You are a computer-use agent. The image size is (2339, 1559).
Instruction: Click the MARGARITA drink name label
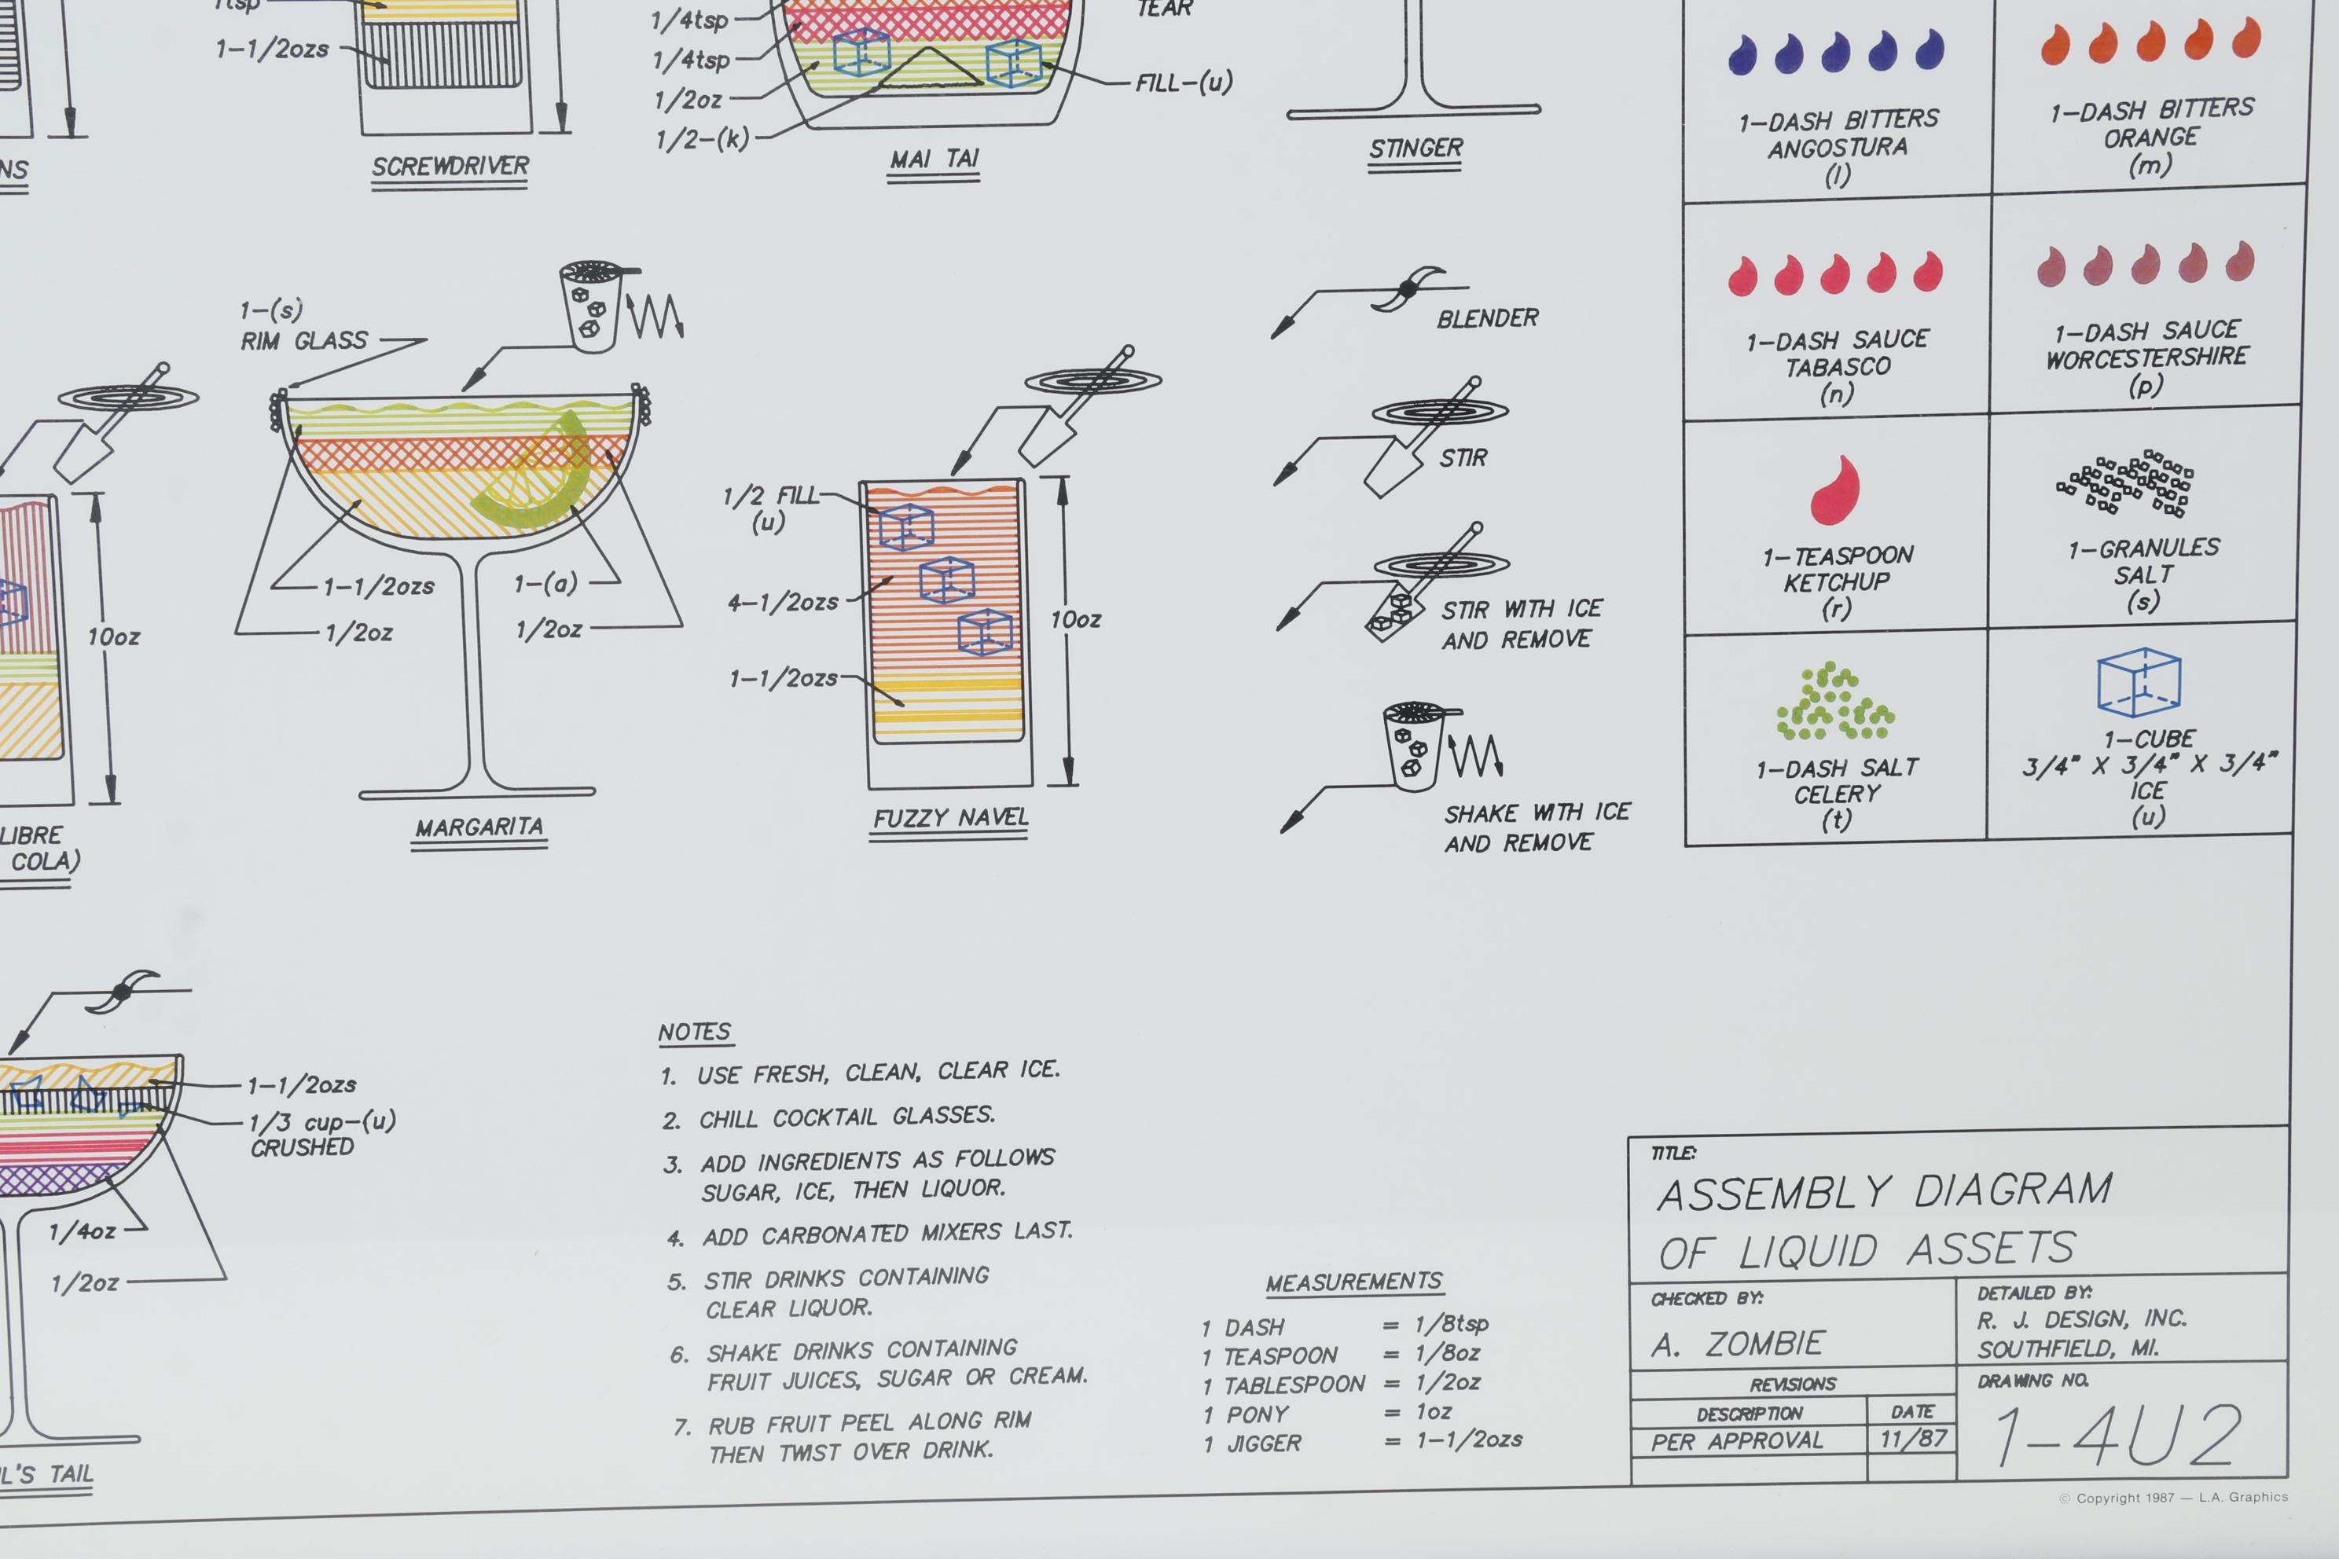point(479,827)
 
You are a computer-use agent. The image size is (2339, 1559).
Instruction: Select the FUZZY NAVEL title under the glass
point(949,818)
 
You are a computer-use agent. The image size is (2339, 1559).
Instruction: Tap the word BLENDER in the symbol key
point(1487,319)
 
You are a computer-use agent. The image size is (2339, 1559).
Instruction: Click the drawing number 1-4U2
point(2118,1436)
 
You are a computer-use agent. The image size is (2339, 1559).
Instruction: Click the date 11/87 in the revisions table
point(1912,1439)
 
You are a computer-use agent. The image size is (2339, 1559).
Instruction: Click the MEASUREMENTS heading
point(1353,1282)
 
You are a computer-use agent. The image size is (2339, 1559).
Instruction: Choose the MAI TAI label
point(934,159)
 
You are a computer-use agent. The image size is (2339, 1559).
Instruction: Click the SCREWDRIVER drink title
point(450,166)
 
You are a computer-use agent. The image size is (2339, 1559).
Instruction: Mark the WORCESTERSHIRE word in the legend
point(2146,357)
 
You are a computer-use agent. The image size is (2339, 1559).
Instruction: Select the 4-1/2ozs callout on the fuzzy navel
point(784,603)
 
